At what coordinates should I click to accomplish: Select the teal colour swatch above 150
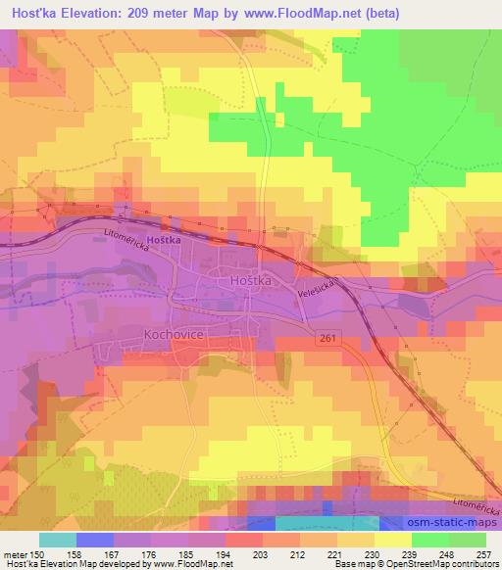point(58,540)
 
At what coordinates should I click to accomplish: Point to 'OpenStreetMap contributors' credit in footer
point(444,564)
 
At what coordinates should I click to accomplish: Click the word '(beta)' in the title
point(383,11)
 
